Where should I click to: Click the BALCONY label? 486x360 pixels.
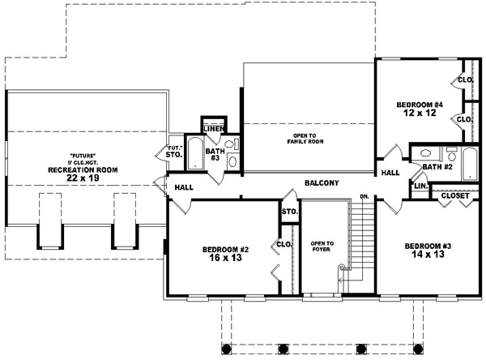pos(322,182)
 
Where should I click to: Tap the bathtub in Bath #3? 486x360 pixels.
pos(196,153)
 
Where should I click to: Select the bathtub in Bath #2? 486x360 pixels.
pos(469,162)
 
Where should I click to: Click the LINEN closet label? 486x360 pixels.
pos(213,129)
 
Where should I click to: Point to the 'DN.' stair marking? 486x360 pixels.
pos(365,197)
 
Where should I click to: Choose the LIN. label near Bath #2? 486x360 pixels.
pos(420,186)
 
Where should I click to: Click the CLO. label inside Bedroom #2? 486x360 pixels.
pos(284,244)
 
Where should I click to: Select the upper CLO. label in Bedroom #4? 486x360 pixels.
pos(466,79)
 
